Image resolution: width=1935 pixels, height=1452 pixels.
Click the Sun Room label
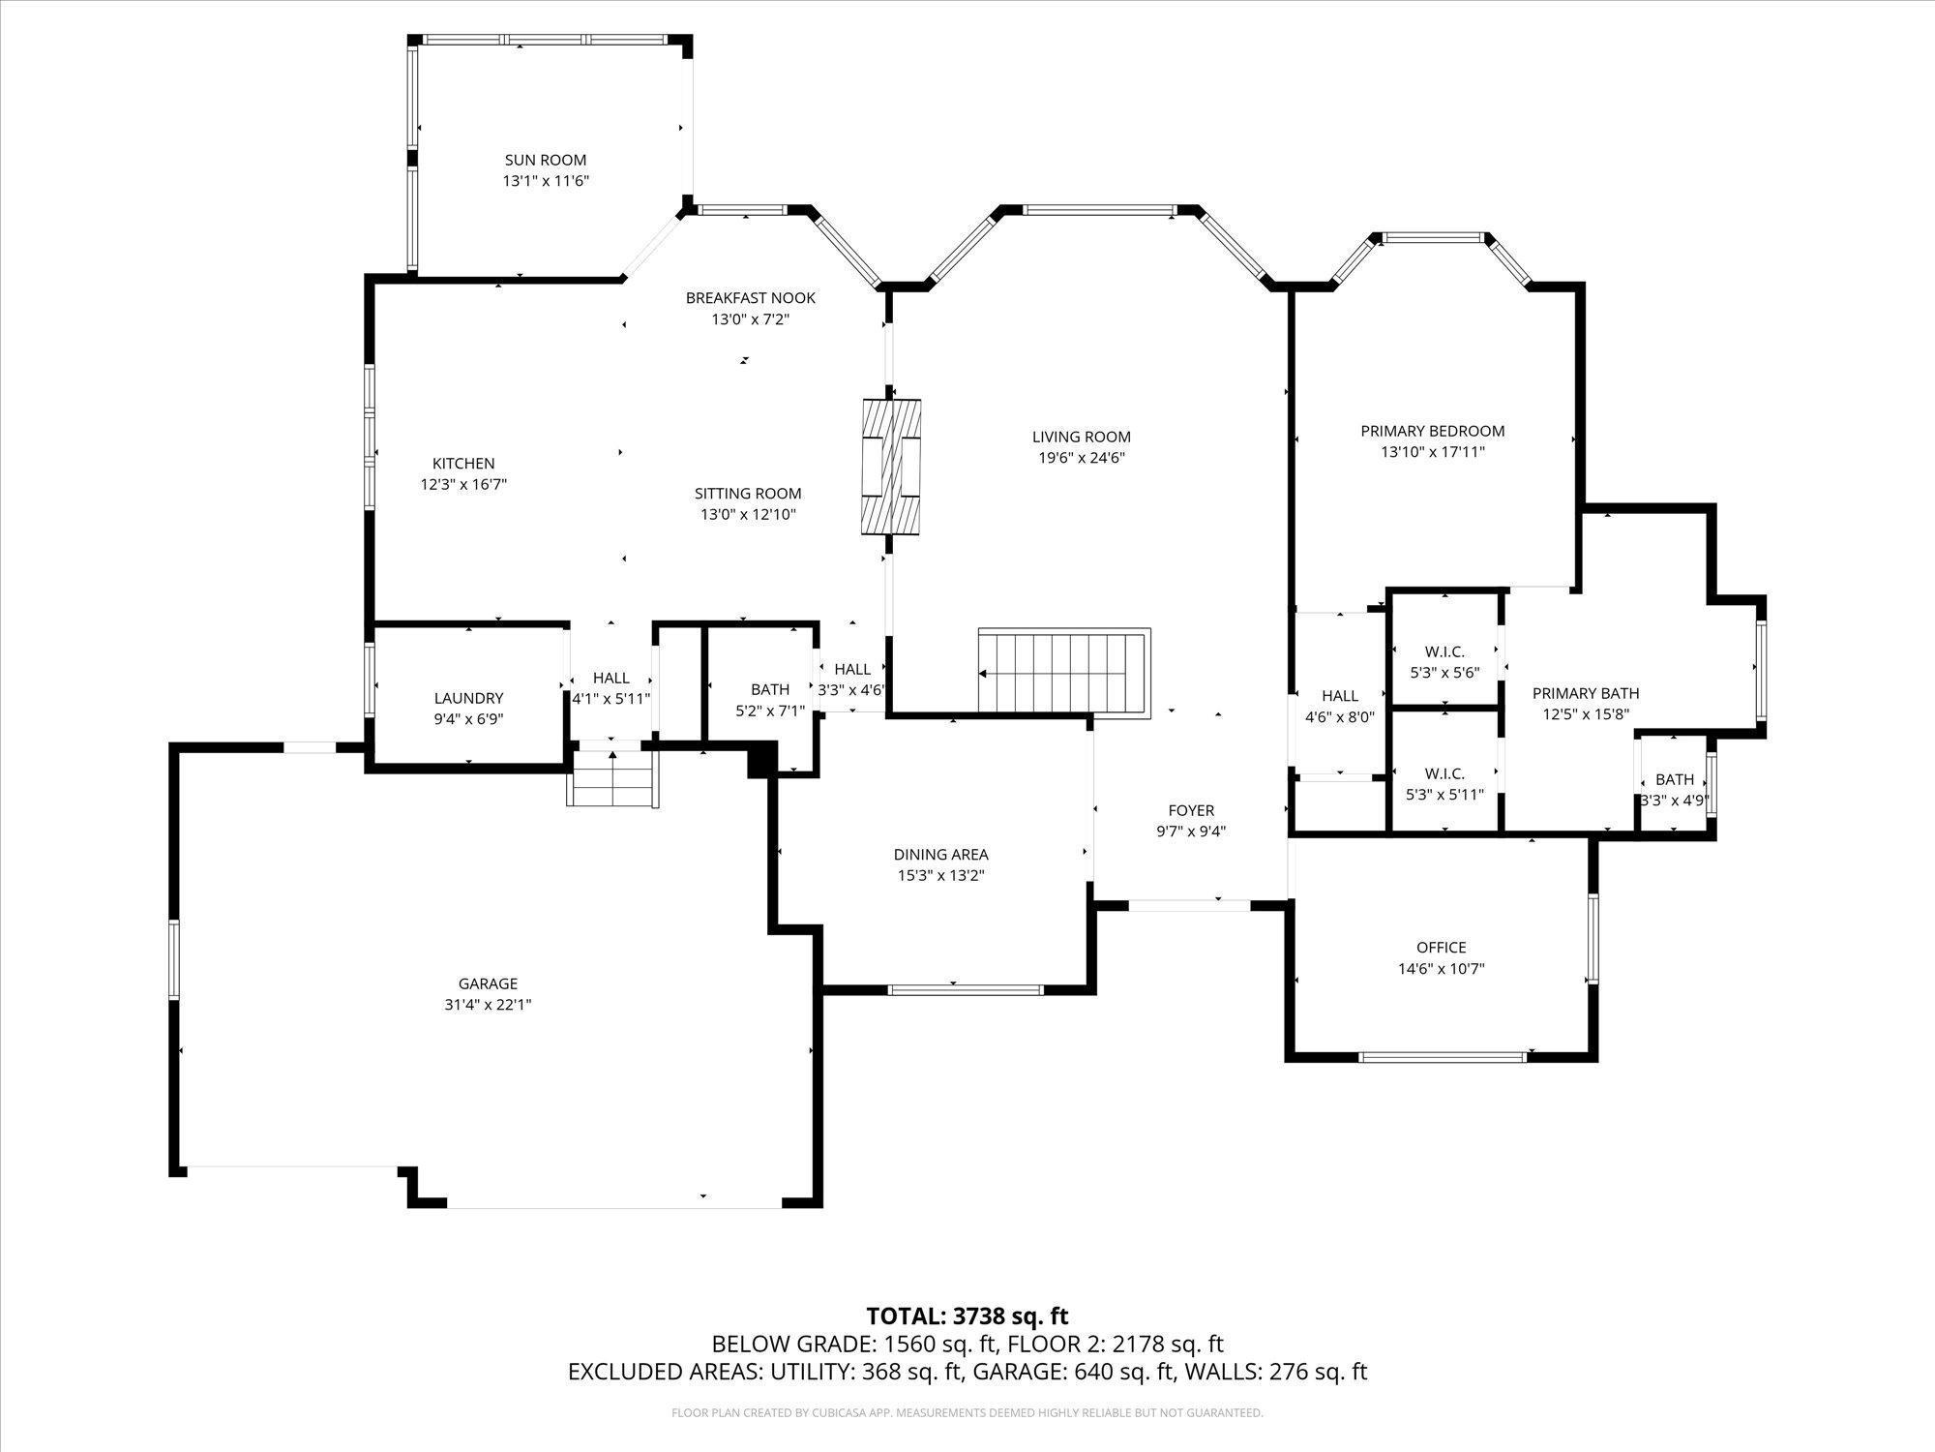[x=545, y=160]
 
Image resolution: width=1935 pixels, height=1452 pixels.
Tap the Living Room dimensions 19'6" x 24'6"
[x=1081, y=458]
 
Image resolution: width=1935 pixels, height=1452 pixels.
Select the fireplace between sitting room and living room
[x=891, y=467]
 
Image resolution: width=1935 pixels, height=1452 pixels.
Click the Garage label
[x=488, y=983]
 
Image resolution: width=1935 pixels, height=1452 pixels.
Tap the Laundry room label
[x=468, y=698]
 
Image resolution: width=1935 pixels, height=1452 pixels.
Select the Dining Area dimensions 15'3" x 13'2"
[x=940, y=876]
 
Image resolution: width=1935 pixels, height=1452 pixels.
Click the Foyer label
[x=1191, y=810]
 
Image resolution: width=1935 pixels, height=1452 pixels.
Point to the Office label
[x=1441, y=948]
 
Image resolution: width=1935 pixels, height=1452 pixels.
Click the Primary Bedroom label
[x=1432, y=431]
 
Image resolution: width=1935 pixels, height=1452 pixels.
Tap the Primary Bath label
[x=1586, y=693]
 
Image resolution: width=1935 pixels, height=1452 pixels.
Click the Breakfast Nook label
[x=750, y=298]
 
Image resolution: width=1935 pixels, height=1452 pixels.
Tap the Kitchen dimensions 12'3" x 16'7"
[x=463, y=485]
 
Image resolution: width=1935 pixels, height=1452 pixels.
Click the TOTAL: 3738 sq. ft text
[x=967, y=1316]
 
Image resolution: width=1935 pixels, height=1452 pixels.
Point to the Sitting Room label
[x=748, y=494]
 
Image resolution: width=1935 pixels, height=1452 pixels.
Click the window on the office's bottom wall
[x=1443, y=1057]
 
